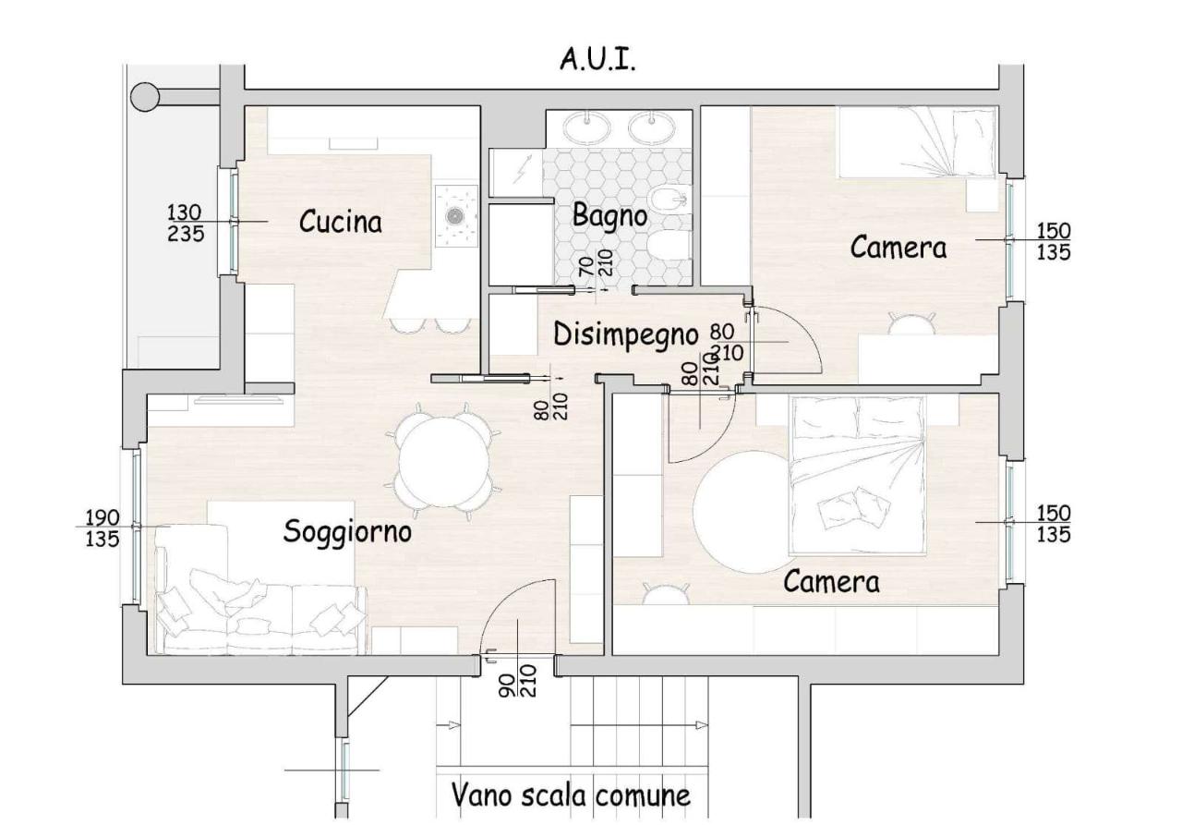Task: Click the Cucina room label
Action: point(341,222)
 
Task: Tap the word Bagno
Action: point(609,216)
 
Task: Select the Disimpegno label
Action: point(626,335)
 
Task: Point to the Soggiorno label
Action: point(347,531)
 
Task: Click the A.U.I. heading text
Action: point(597,60)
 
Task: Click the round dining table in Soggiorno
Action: point(444,462)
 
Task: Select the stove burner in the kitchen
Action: point(454,215)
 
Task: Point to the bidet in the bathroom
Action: point(670,201)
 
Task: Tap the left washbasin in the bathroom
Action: point(586,127)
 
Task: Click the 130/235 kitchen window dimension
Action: point(186,223)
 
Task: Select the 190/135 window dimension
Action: point(103,528)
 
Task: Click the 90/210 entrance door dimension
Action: point(518,680)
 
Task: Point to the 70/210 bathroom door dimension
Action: point(596,262)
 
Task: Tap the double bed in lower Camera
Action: point(858,476)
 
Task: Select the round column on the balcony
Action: point(145,97)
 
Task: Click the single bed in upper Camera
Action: point(917,142)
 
